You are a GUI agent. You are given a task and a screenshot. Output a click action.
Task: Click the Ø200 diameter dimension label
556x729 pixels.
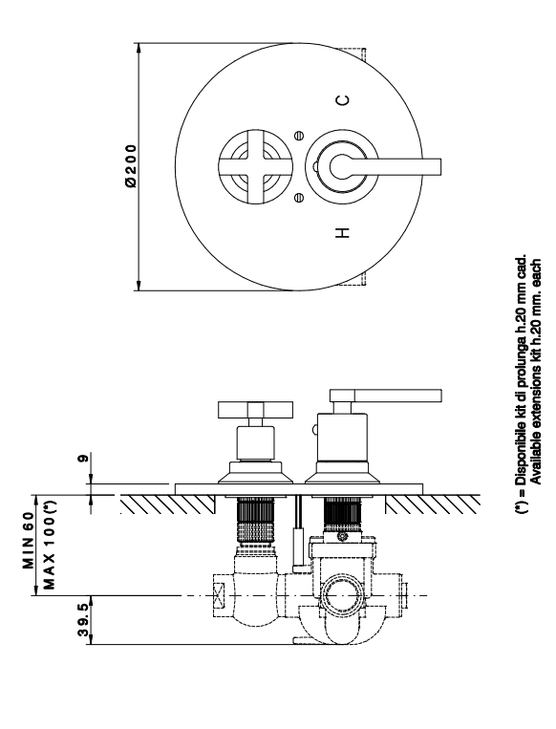click(132, 166)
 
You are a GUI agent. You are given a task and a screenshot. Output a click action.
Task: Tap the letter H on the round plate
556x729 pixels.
click(343, 232)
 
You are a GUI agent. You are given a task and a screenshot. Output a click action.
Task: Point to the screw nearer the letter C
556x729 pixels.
click(300, 136)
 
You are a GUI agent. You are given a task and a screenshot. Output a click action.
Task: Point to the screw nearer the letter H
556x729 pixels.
click(300, 198)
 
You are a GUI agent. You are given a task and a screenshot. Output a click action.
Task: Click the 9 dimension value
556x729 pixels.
click(83, 459)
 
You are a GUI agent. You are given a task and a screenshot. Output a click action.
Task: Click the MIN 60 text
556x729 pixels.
click(29, 540)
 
